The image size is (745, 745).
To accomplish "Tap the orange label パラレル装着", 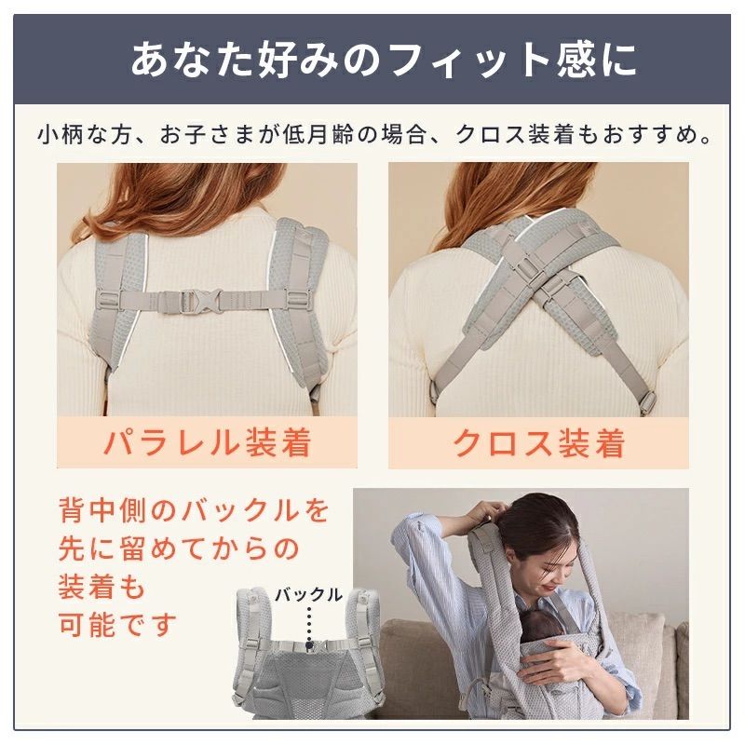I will [206, 442].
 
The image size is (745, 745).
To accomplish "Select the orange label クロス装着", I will [538, 442].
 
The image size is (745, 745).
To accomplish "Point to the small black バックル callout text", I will [308, 593].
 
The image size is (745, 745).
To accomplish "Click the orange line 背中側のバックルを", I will [193, 510].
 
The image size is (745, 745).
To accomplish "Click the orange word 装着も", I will [102, 586].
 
